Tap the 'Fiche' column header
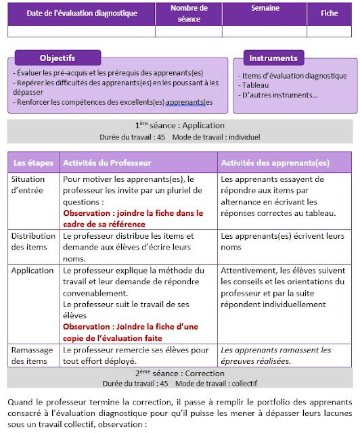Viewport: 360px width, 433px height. coord(330,13)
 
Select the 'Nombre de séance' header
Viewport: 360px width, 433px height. coord(189,14)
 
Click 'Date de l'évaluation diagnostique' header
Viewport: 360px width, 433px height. coord(82,14)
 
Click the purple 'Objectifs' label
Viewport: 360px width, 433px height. coord(58,58)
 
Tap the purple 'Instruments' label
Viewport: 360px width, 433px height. coord(273,58)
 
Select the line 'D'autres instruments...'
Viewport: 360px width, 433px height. coord(277,95)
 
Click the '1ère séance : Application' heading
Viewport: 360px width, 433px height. coord(179,125)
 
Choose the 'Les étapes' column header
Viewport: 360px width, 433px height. coord(32,162)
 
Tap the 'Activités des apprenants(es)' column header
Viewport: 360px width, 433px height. coord(275,162)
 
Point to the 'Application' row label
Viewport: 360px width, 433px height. coord(32,271)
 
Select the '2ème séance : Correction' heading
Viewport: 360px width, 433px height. coord(179,373)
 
